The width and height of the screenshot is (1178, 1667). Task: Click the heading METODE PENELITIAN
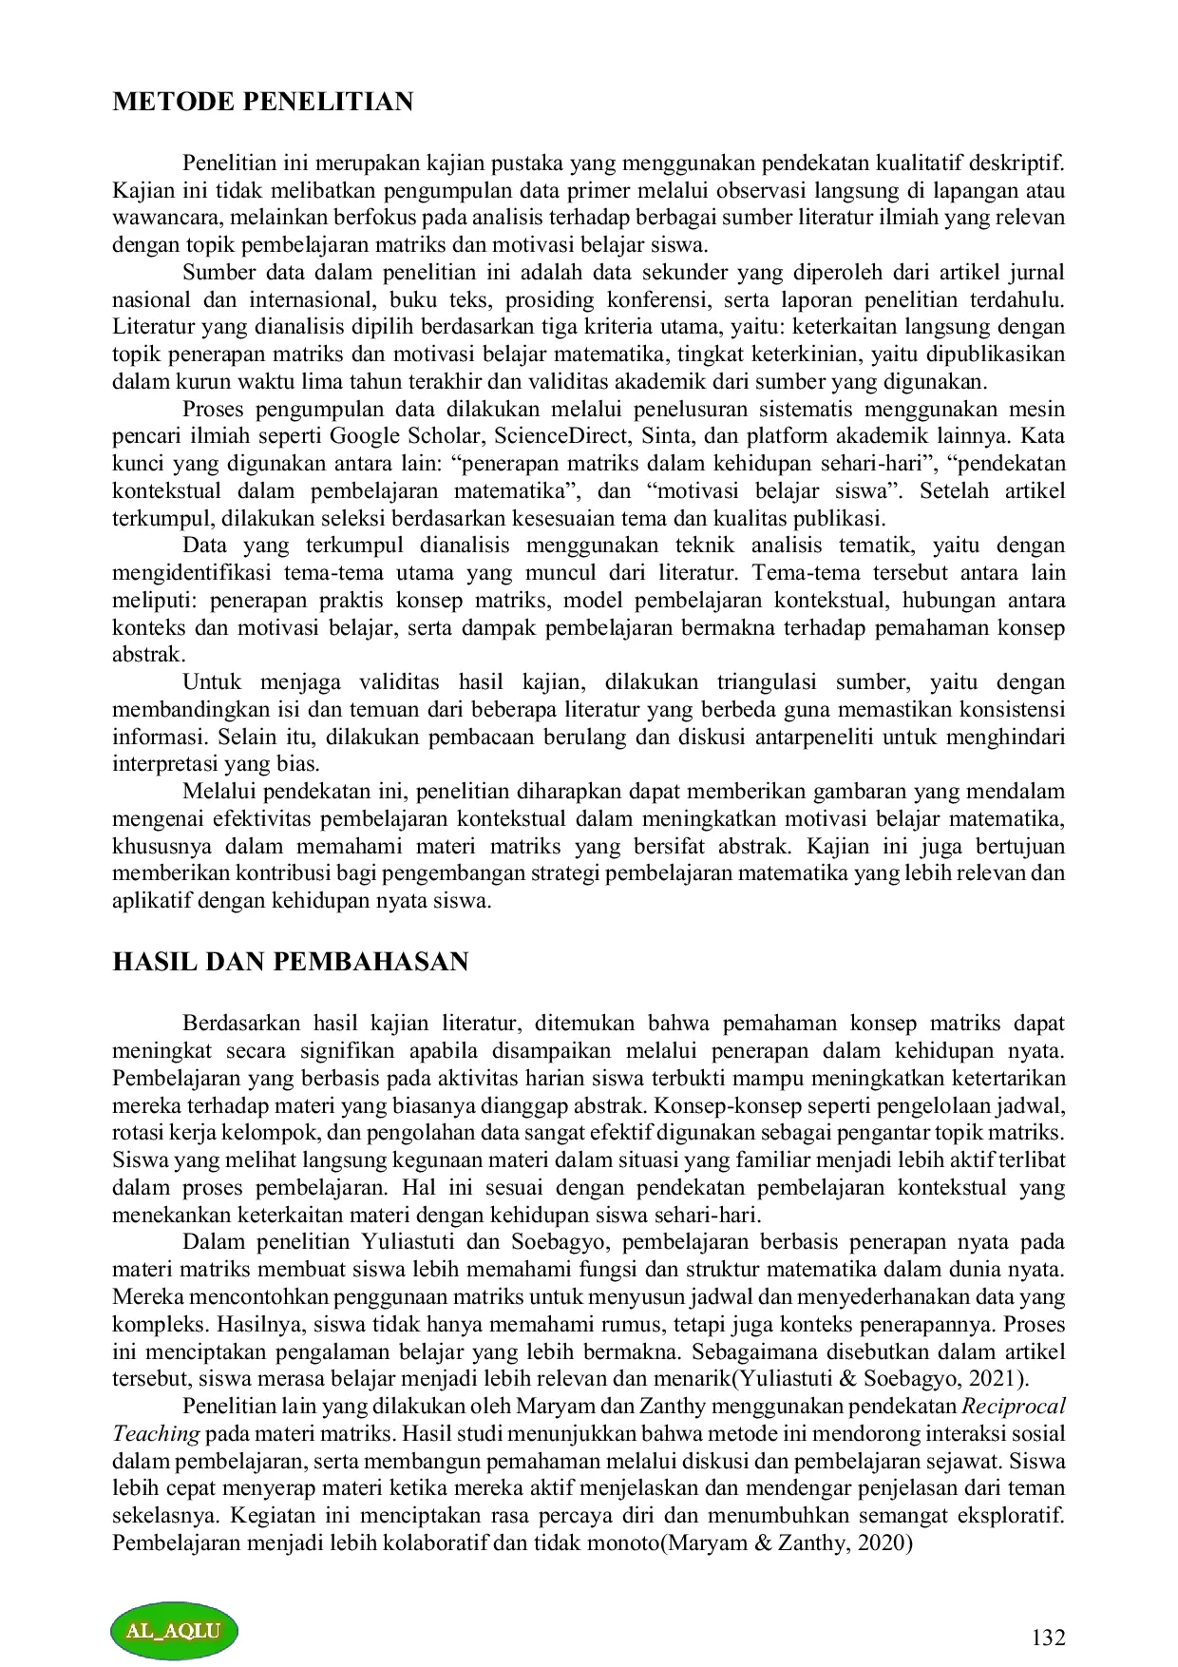(262, 102)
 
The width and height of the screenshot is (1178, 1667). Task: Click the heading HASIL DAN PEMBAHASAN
(290, 961)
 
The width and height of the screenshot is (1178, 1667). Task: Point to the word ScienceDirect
(560, 437)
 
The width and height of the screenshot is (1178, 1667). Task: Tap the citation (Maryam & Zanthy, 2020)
(786, 1543)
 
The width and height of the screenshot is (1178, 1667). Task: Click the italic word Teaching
(156, 1434)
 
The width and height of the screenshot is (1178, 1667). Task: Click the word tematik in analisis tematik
(879, 546)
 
